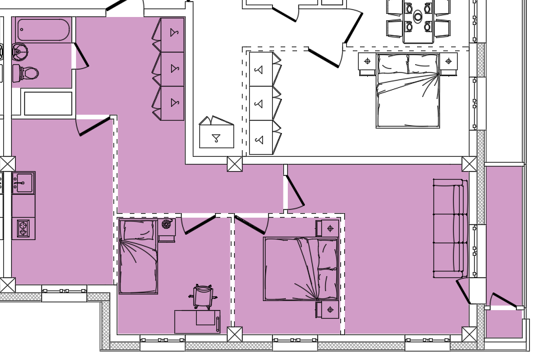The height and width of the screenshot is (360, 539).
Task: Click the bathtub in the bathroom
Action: [43, 30]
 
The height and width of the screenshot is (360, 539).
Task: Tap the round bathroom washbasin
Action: [19, 52]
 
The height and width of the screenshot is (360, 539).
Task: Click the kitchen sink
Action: [23, 183]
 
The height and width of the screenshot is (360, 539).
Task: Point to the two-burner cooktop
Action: [23, 228]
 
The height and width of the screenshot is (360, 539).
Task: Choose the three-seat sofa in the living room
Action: [450, 228]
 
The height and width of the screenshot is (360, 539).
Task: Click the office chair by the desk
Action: [203, 296]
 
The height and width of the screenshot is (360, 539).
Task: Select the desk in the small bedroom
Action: [197, 321]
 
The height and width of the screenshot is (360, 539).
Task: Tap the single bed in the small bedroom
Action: [138, 256]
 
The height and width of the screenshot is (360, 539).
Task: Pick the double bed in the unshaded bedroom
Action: [407, 90]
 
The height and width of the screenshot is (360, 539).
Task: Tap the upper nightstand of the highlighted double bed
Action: [329, 228]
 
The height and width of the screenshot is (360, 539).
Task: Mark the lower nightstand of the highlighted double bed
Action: [329, 310]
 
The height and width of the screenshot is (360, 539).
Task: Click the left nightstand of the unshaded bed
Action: [367, 62]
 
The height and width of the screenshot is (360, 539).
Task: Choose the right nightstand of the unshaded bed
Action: [449, 62]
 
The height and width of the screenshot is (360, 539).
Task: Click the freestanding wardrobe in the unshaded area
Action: [216, 134]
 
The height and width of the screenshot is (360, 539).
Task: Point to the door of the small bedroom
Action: [199, 223]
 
